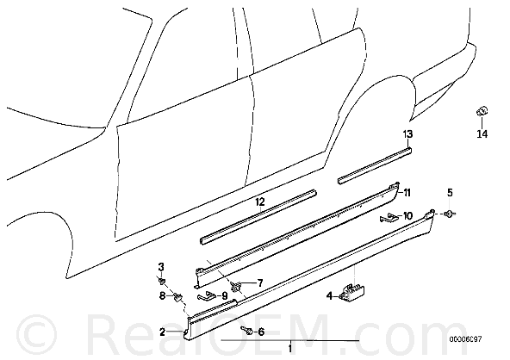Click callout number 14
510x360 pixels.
(482, 133)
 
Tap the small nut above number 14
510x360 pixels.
(482, 111)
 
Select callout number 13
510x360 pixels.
(407, 133)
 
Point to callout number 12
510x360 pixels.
(260, 202)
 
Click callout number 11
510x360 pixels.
(407, 193)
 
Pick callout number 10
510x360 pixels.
(407, 215)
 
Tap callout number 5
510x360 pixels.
(450, 193)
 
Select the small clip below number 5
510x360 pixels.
(450, 214)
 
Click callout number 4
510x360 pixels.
(329, 295)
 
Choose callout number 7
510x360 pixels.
(260, 283)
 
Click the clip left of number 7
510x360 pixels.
(236, 286)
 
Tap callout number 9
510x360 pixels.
(225, 296)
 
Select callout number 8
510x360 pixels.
(162, 295)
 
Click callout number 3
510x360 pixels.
(161, 267)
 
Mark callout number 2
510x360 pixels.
(163, 332)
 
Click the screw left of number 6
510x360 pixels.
(247, 331)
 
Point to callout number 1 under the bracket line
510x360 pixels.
(289, 350)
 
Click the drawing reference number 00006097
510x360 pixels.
(465, 339)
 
